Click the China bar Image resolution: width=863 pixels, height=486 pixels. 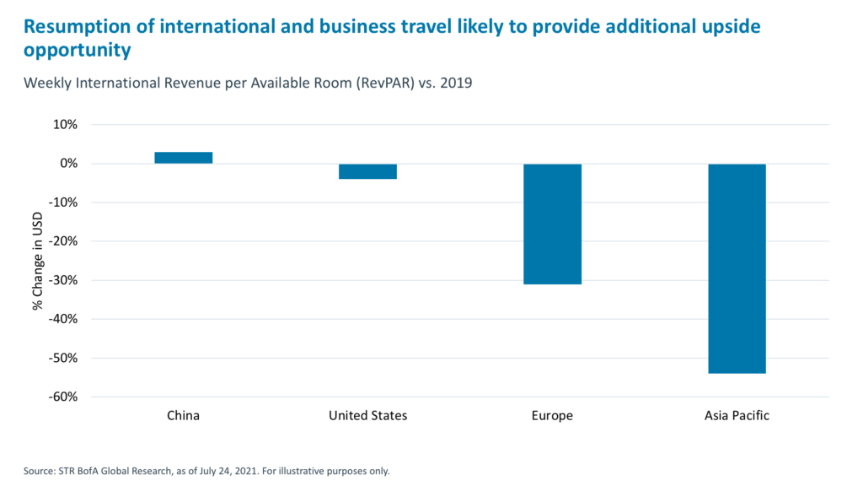click(184, 158)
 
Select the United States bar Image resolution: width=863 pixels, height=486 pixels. click(367, 171)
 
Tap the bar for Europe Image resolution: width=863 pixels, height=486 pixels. click(552, 224)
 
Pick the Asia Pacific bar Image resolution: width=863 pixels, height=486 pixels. click(737, 268)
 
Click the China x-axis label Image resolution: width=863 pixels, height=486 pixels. click(184, 416)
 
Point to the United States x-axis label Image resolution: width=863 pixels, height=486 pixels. click(367, 416)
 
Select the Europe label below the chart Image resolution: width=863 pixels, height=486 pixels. click(552, 416)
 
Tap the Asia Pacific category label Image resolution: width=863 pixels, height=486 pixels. click(737, 416)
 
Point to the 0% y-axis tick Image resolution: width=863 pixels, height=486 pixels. click(67, 164)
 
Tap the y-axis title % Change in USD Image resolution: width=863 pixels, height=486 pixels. click(38, 261)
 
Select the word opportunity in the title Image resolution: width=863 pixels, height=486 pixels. click(78, 51)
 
